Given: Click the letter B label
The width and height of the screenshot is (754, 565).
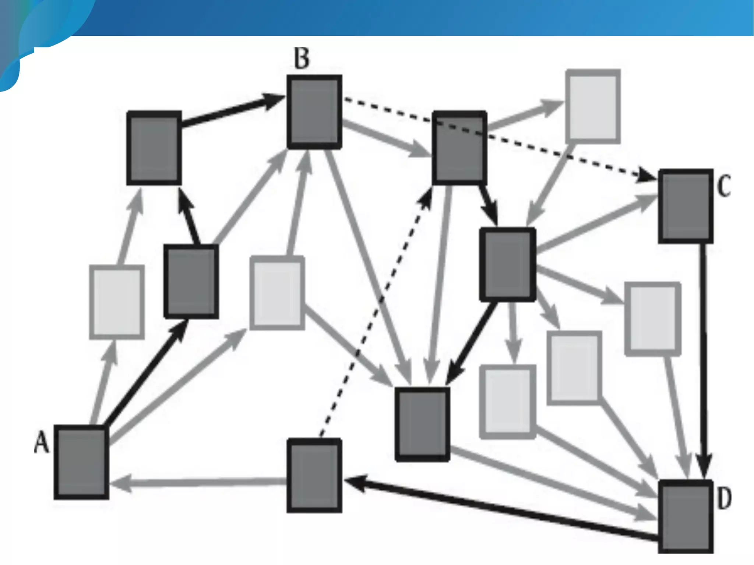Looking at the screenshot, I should tap(302, 58).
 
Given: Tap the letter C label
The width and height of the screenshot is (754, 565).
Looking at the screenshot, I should tap(724, 186).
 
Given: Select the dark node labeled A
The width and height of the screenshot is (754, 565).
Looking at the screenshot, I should tap(81, 462).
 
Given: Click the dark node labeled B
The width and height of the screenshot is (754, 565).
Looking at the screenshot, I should tap(314, 112).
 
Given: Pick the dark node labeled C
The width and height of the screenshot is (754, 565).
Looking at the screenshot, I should tap(686, 206).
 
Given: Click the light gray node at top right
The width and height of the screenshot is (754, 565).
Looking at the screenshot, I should tap(593, 106).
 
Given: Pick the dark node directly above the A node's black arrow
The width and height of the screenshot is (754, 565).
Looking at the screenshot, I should tap(191, 282).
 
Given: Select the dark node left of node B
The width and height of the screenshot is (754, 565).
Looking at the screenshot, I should tap(154, 148).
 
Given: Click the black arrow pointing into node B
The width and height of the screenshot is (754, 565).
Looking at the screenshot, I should tap(232, 110).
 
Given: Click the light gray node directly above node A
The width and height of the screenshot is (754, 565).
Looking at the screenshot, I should tap(117, 302).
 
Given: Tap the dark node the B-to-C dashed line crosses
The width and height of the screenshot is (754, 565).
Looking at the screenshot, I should tap(459, 148).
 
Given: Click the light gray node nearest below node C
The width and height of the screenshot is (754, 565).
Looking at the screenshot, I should tap(653, 319).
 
